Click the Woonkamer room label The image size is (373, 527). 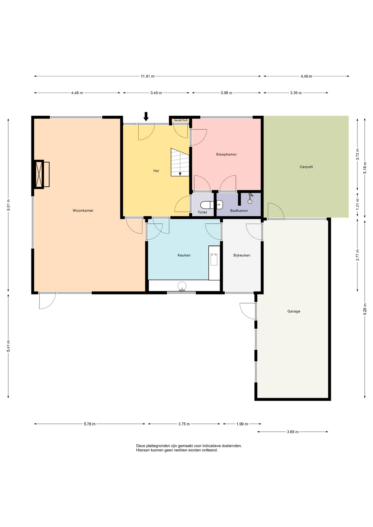83,211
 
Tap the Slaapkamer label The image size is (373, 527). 226,154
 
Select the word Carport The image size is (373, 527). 306,167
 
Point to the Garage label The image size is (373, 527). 294,311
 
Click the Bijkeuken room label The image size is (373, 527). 242,255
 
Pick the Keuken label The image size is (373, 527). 184,255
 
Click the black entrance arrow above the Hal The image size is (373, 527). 146,116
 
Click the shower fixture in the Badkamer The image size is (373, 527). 250,198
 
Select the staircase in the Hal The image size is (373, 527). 180,162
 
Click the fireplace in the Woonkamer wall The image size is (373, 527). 41,174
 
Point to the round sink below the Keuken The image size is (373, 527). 182,286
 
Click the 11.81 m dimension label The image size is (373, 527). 147,76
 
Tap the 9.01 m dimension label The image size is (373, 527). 8,205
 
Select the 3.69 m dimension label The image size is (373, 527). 293,432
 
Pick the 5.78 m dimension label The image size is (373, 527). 90,424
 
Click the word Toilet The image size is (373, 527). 202,212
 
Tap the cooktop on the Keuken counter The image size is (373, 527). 214,259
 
